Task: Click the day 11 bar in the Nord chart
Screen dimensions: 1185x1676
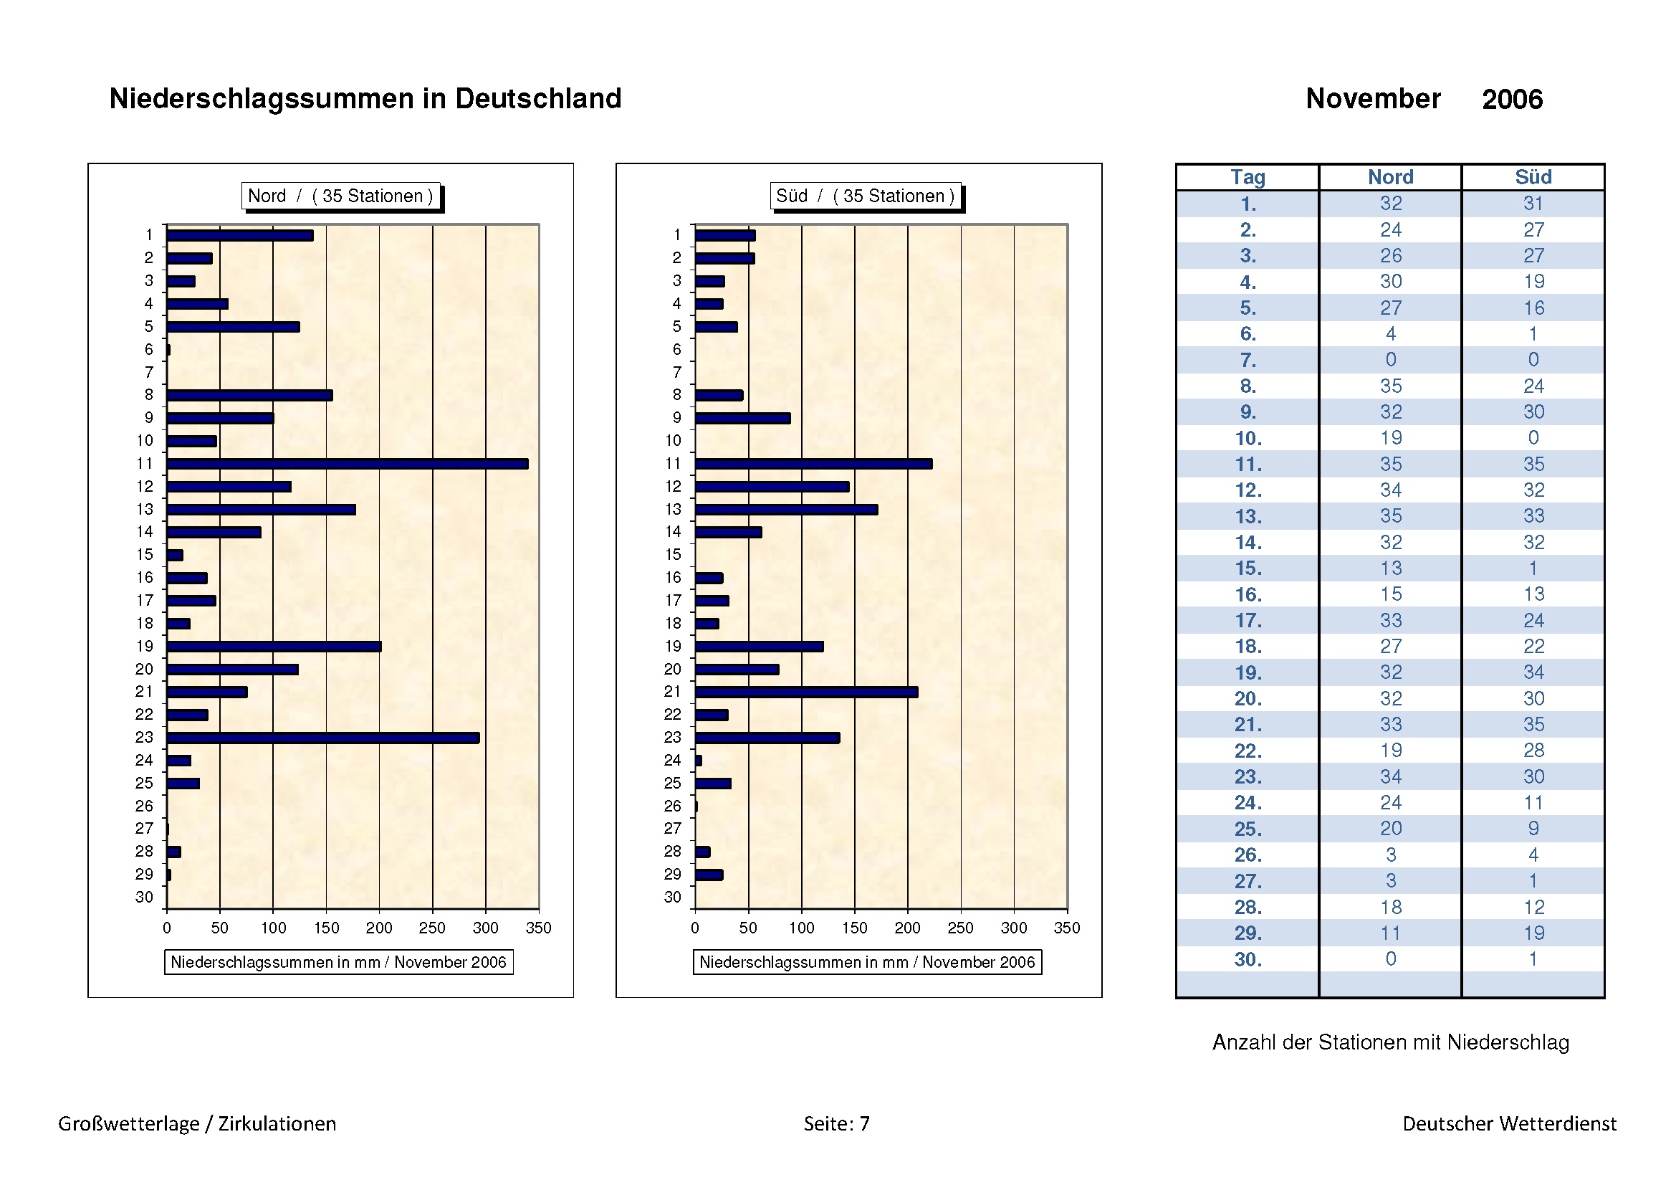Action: point(347,464)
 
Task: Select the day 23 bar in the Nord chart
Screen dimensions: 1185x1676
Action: point(322,738)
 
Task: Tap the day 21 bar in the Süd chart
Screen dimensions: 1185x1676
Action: point(806,693)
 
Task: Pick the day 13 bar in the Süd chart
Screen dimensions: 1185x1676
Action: point(786,510)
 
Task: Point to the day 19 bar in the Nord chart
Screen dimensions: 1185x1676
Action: point(274,646)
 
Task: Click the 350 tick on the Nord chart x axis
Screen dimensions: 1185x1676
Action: point(539,927)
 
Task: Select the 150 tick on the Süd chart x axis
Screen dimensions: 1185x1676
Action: point(854,927)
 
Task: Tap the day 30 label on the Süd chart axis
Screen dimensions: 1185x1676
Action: point(672,897)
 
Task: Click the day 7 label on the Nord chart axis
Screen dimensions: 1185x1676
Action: point(149,372)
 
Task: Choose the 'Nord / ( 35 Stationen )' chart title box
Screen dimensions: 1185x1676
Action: point(341,196)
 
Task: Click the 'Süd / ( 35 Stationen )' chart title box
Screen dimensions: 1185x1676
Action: point(865,196)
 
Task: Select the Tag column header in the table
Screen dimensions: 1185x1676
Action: point(1248,177)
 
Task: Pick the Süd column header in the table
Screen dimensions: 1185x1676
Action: point(1533,177)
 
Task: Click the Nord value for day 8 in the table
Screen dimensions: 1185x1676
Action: point(1391,386)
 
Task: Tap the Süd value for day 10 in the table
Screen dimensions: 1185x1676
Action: point(1533,437)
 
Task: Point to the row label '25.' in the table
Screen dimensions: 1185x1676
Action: point(1248,829)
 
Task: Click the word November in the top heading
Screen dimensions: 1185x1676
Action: point(1372,98)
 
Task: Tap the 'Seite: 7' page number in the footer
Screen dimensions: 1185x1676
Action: point(836,1123)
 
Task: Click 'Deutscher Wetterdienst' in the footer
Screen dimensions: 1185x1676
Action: point(1509,1123)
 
